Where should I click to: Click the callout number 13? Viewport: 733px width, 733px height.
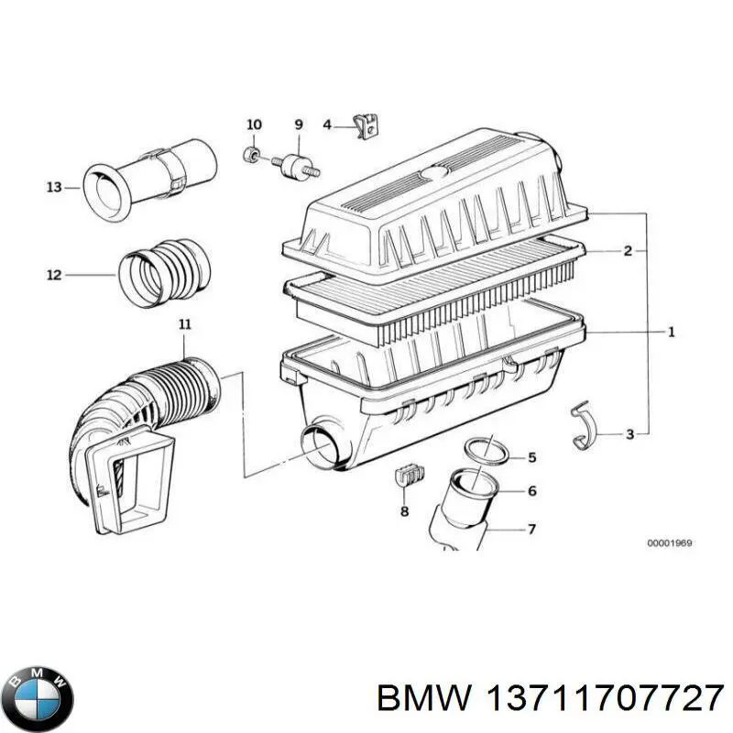coord(53,187)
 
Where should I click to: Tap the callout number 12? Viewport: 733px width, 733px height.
coord(53,274)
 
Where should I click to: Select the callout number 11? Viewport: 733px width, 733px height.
coord(184,323)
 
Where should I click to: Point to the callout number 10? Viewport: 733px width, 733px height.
coord(254,125)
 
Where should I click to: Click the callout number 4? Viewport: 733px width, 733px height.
coord(326,125)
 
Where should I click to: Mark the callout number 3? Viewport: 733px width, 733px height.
coord(629,433)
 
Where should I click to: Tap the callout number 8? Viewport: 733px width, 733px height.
coord(403,511)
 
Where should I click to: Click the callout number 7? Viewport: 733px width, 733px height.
coord(531,529)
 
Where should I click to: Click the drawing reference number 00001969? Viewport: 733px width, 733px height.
coord(669,543)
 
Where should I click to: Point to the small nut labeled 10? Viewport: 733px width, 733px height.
coord(252,154)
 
